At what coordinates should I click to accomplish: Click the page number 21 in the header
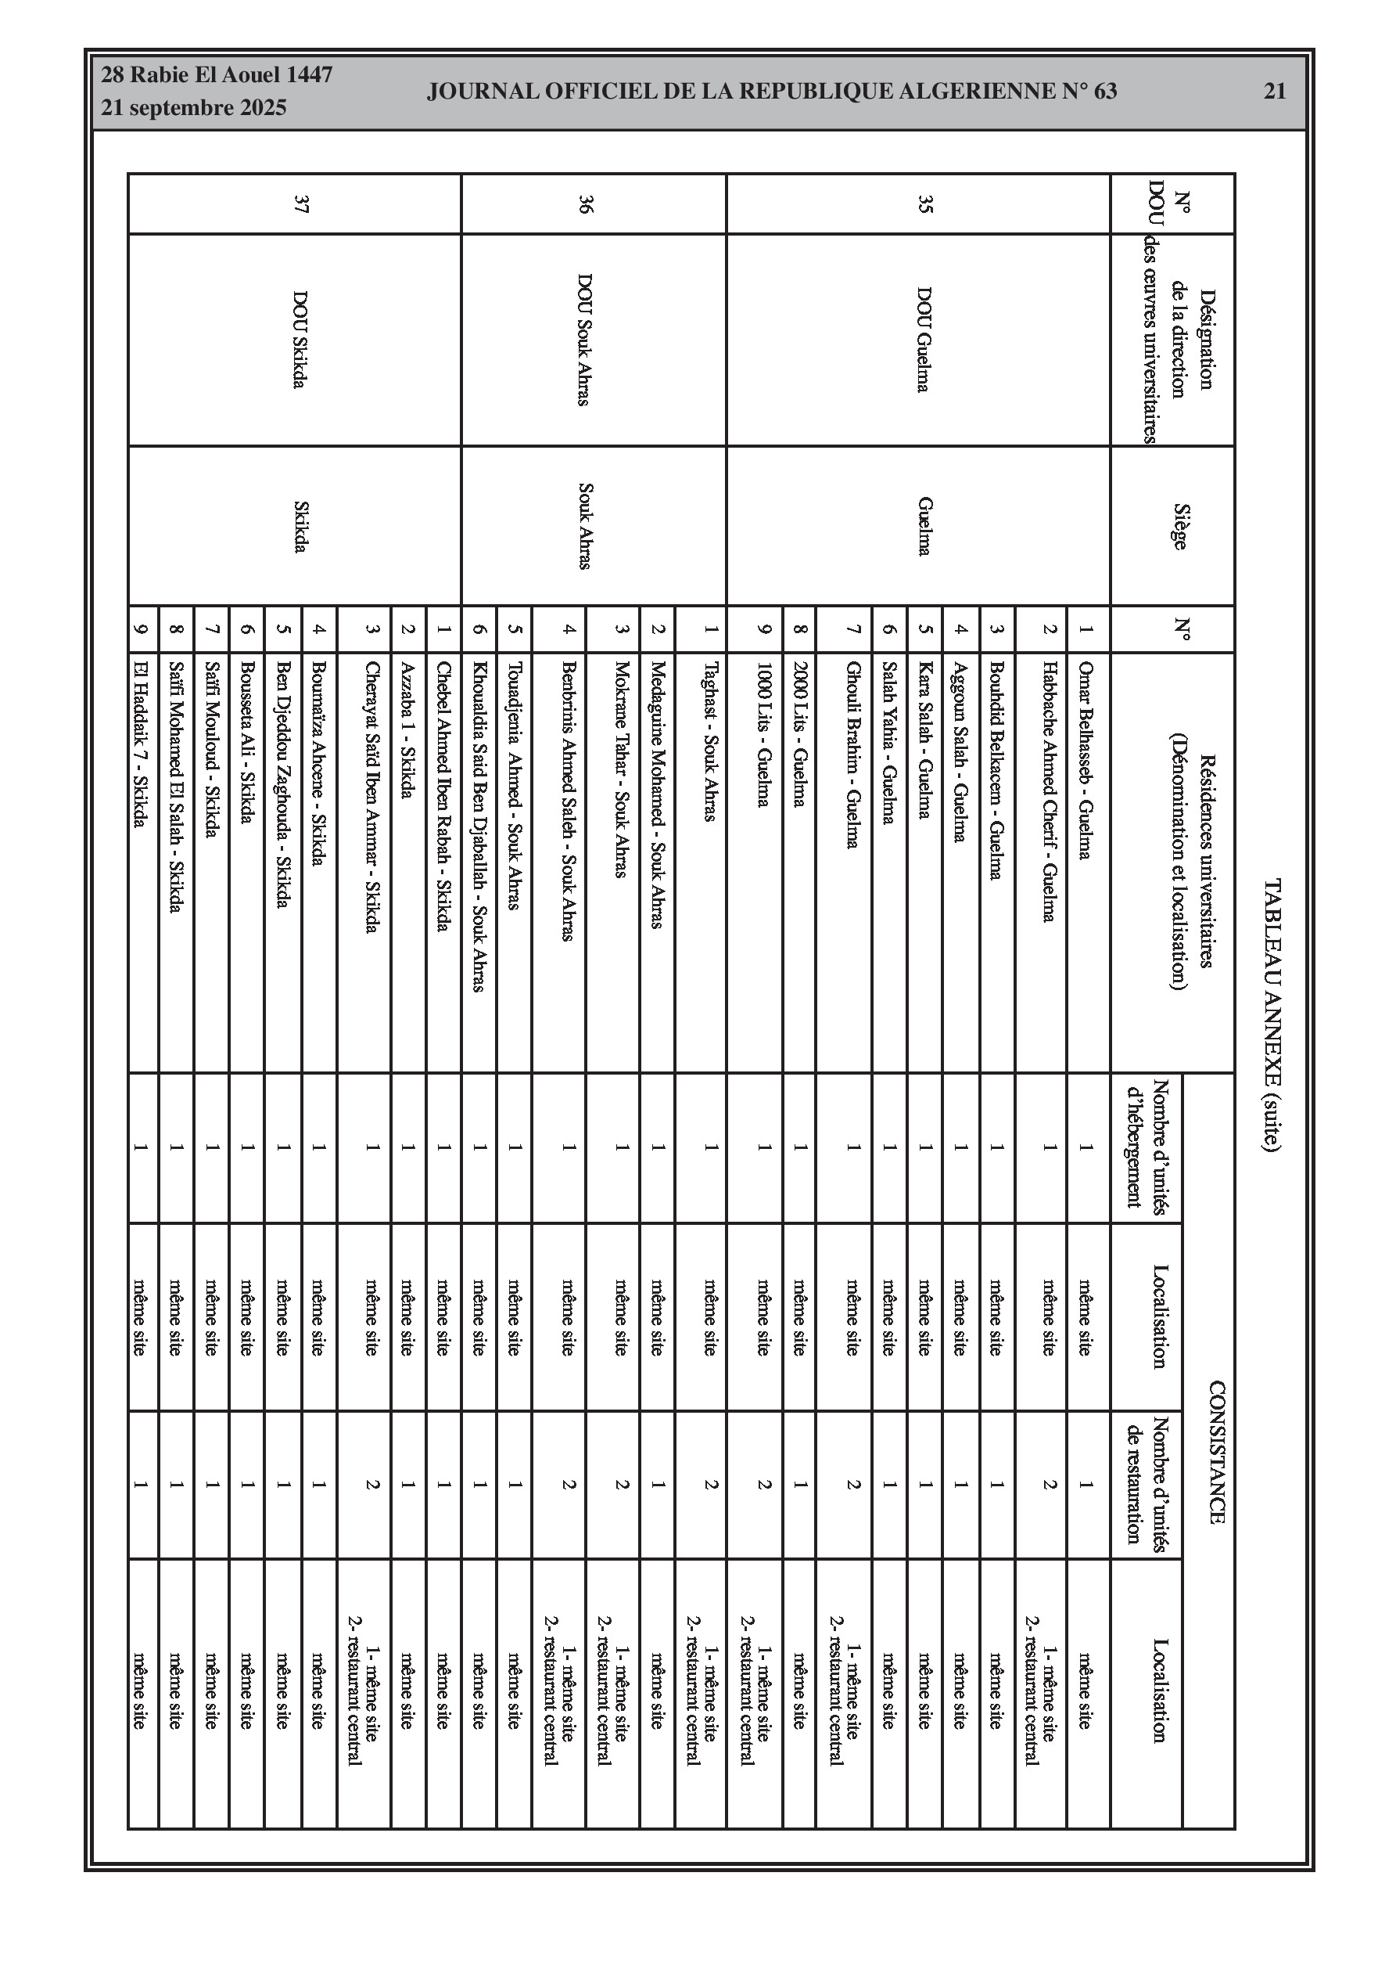(1275, 92)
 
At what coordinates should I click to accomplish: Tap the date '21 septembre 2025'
(194, 109)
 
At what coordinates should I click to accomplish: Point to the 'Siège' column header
(1179, 526)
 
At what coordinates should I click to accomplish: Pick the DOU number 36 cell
(586, 204)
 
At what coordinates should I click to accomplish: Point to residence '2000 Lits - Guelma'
(799, 733)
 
